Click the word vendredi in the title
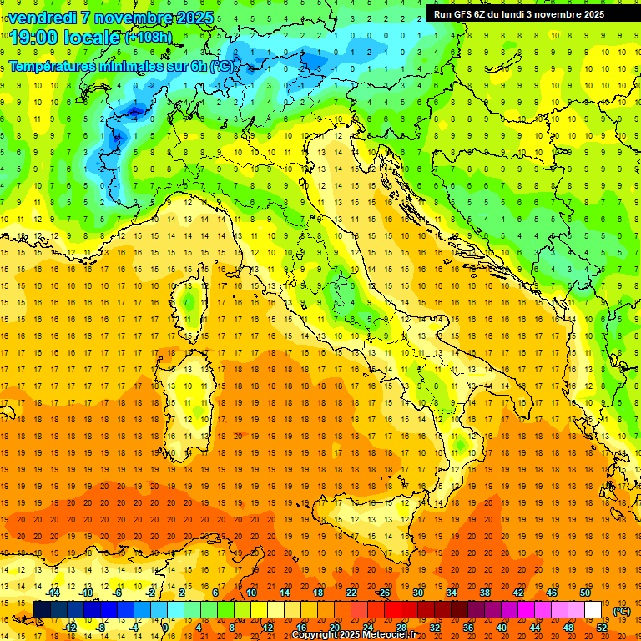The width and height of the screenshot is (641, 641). (42, 17)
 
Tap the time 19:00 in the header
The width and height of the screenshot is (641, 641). (36, 38)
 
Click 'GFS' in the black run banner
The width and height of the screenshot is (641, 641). (462, 14)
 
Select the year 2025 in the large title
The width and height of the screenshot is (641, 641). (189, 17)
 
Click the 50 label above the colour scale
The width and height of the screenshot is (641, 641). (585, 593)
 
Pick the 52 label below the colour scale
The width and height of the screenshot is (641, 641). (602, 628)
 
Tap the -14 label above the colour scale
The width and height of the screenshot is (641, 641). (54, 593)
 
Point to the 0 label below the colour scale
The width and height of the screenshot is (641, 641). (165, 628)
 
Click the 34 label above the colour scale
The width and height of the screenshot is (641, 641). (452, 593)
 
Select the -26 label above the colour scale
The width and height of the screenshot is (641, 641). (383, 593)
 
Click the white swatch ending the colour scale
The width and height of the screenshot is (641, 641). (593, 610)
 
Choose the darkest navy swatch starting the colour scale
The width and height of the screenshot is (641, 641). (42, 610)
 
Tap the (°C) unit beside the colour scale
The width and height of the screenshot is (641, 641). (622, 611)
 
